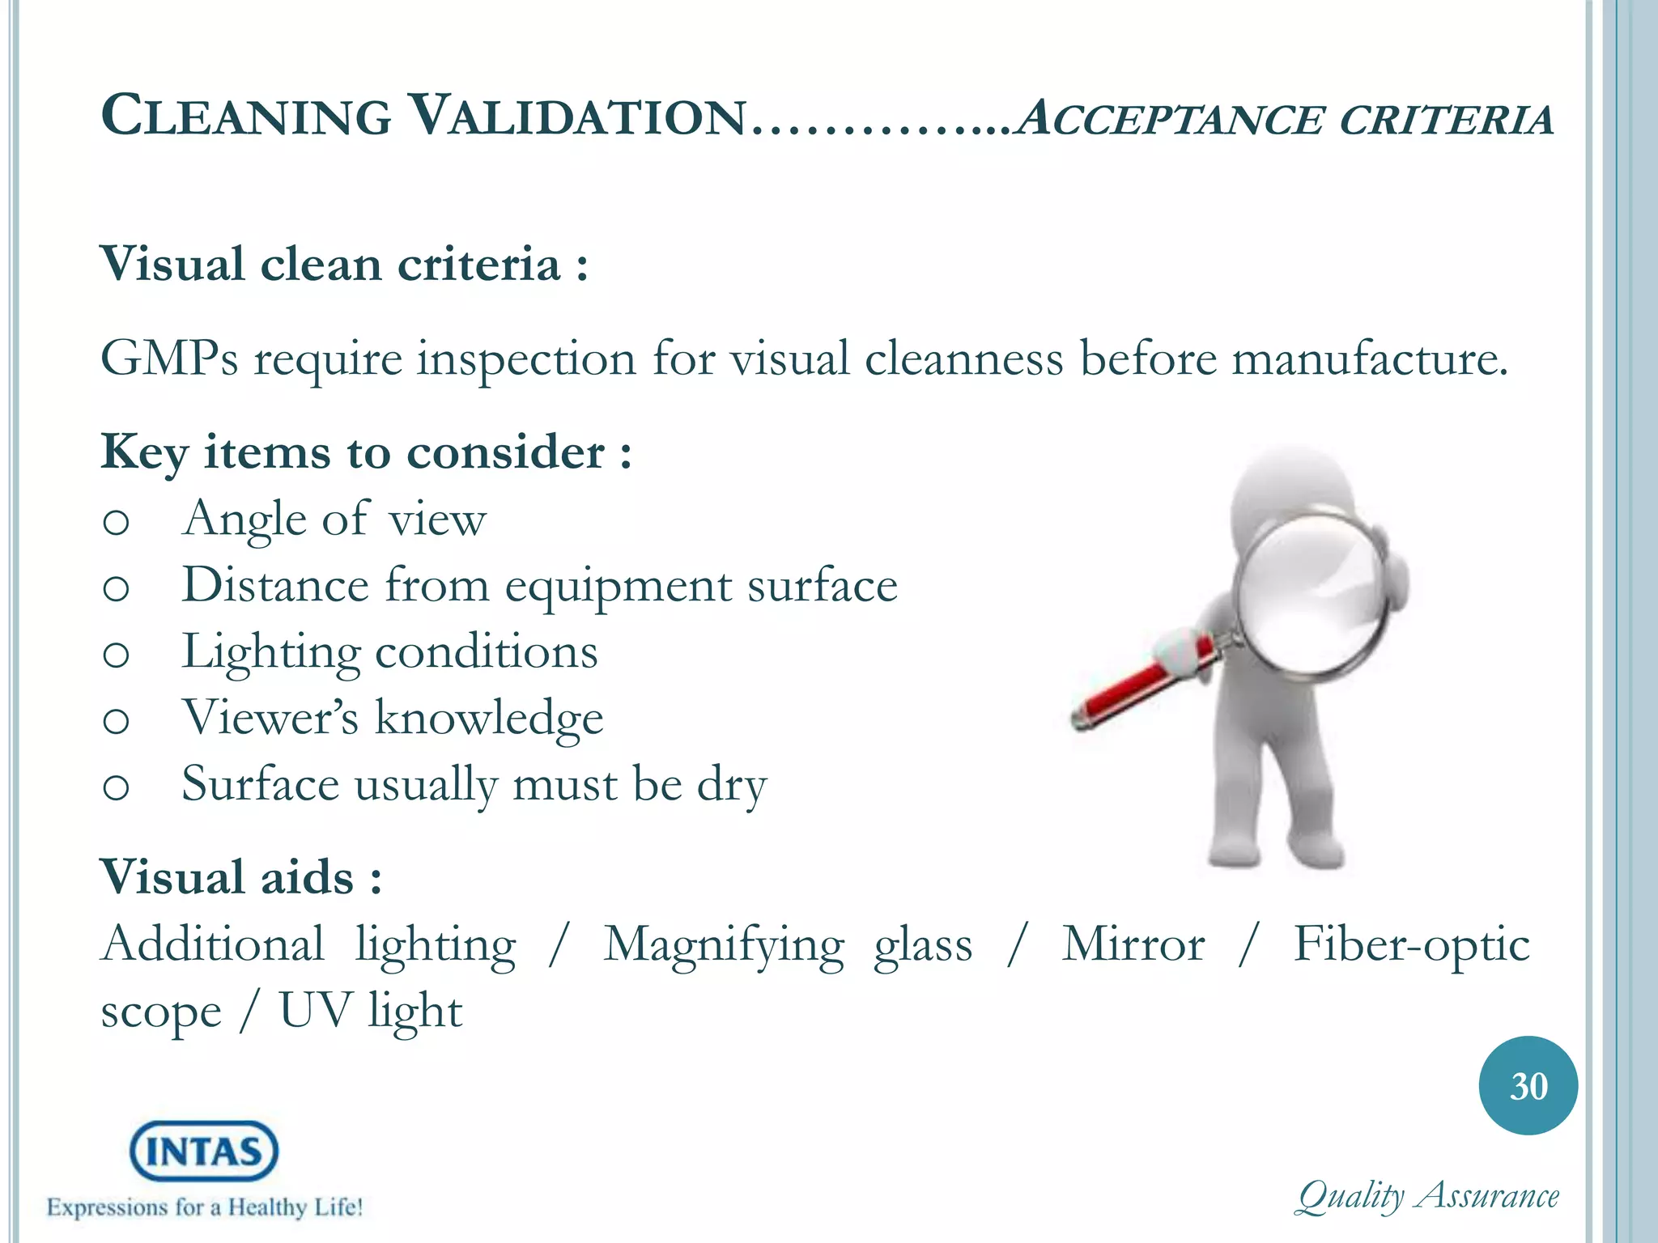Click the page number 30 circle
pyautogui.click(x=1528, y=1085)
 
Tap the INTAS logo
pyautogui.click(x=204, y=1151)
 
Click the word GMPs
pyautogui.click(x=169, y=358)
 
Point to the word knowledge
pyautogui.click(x=489, y=718)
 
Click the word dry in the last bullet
pyautogui.click(x=732, y=785)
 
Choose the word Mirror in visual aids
pyautogui.click(x=1133, y=944)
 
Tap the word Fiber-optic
pyautogui.click(x=1411, y=944)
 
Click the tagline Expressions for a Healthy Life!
pyautogui.click(x=204, y=1207)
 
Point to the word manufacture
pyautogui.click(x=1370, y=358)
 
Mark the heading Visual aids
pyautogui.click(x=240, y=877)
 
